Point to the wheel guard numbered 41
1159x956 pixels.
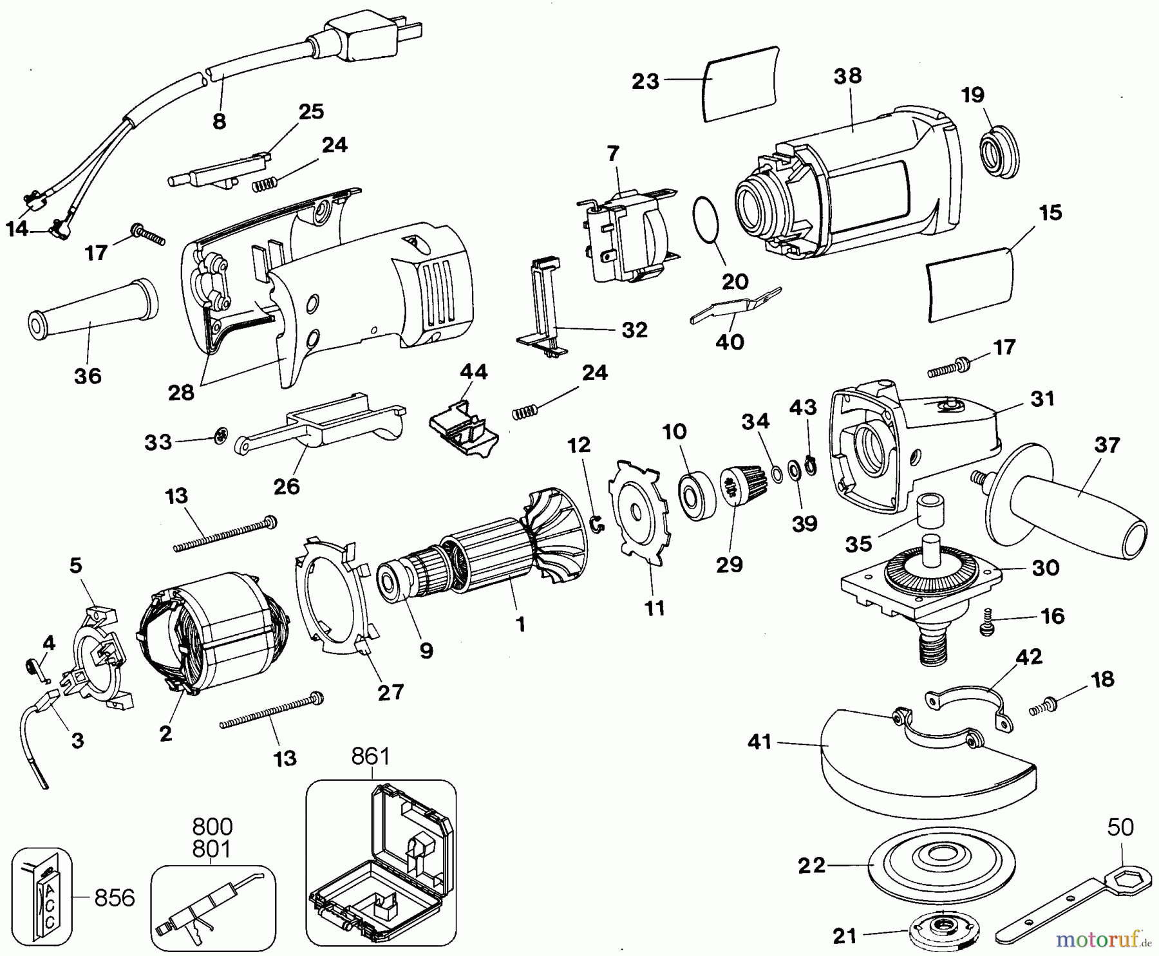(x=928, y=766)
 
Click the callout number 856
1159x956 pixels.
(x=115, y=898)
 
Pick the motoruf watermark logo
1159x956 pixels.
(x=1104, y=940)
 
